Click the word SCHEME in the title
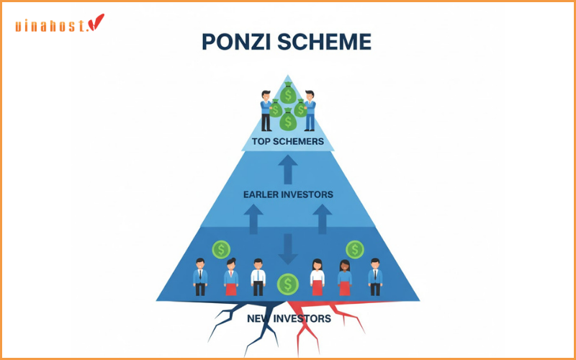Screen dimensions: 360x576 pos(329,42)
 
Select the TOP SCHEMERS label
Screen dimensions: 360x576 pos(288,141)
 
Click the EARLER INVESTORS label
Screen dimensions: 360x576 pos(288,194)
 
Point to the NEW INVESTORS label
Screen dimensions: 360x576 pos(288,318)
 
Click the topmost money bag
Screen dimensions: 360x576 pos(288,94)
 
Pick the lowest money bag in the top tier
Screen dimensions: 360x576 pos(288,122)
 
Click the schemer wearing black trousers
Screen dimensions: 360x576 pos(266,111)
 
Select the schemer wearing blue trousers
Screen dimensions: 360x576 pos(310,111)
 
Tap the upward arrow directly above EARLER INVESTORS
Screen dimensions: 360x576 pos(288,170)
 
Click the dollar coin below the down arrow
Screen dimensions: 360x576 pos(288,284)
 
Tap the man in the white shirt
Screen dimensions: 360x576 pos(258,277)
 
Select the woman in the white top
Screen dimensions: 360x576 pos(317,277)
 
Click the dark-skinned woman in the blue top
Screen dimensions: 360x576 pos(344,277)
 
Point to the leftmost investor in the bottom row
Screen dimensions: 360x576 pos(200,277)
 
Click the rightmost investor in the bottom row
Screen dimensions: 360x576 pos(375,277)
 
